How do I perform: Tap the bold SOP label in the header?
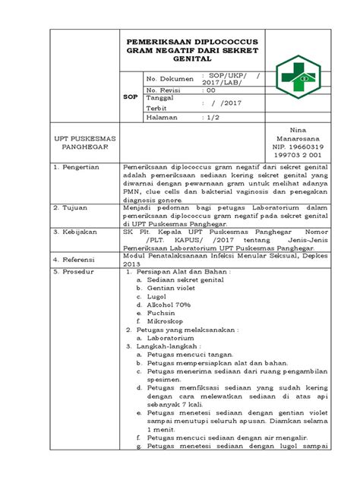coord(131,97)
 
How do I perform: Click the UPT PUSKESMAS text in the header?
coord(81,140)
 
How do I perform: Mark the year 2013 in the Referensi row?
coord(131,263)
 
